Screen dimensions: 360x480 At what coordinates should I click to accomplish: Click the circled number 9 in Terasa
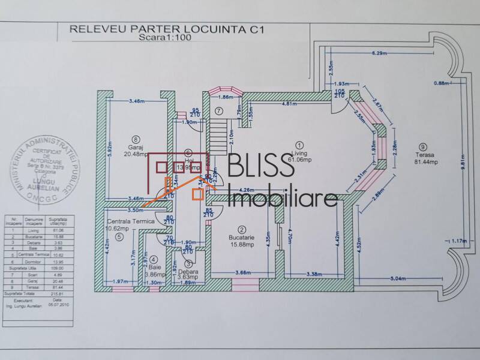[x=424, y=146]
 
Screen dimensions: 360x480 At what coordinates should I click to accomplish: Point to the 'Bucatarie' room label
[x=241, y=237]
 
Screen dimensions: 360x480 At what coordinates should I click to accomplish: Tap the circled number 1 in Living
[x=299, y=144]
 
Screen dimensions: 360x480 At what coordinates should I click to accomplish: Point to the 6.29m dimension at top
[x=379, y=53]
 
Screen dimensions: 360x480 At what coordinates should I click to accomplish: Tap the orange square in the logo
[x=196, y=193]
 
